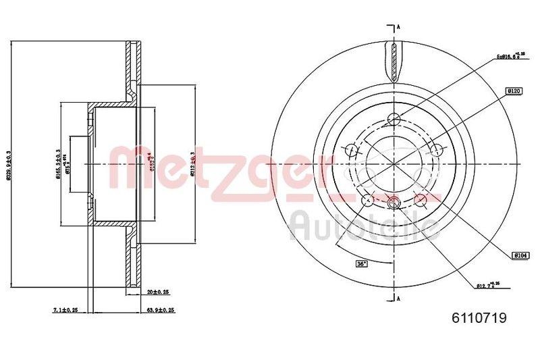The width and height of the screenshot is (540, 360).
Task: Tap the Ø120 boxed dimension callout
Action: (513, 90)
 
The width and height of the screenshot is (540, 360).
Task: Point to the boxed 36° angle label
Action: (363, 263)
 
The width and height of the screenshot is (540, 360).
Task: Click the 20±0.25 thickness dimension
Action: (158, 292)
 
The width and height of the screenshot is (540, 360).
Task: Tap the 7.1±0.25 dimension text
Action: (65, 310)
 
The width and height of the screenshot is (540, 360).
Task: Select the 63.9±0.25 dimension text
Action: (161, 310)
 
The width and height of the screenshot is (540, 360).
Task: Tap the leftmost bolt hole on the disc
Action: (352, 149)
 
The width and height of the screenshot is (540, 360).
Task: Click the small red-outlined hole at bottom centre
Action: (395, 202)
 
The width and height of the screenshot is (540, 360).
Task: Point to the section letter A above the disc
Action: (399, 27)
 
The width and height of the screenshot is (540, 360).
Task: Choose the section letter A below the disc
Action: (399, 299)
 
